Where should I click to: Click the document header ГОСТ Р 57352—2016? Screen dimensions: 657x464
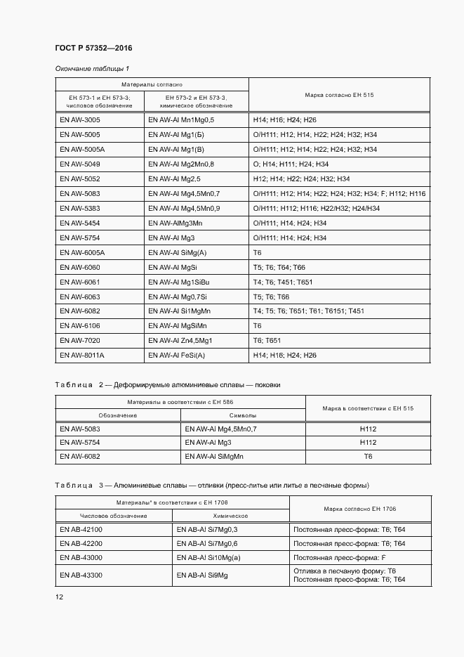click(x=93, y=48)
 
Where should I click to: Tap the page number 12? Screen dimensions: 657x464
click(x=59, y=597)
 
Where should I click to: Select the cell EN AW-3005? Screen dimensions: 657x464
click(x=80, y=120)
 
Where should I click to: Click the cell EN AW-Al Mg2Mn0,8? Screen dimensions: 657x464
click(x=181, y=164)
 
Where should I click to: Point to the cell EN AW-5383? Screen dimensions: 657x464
click(x=80, y=209)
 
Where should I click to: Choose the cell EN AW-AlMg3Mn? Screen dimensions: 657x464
click(x=175, y=223)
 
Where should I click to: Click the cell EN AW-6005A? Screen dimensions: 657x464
click(x=82, y=252)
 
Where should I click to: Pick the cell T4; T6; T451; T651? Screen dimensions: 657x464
click(x=282, y=282)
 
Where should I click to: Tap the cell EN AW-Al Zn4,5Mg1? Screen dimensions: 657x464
click(x=180, y=341)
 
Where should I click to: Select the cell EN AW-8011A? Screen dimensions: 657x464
click(x=82, y=356)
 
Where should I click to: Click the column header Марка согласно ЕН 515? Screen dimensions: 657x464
click(x=339, y=95)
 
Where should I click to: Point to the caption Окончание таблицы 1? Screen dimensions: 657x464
click(x=92, y=68)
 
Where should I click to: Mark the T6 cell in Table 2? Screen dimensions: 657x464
click(x=368, y=457)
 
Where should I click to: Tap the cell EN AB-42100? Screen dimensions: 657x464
click(x=81, y=529)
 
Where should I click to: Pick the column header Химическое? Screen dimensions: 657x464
click(x=231, y=516)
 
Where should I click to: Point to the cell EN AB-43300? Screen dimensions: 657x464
click(x=81, y=575)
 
